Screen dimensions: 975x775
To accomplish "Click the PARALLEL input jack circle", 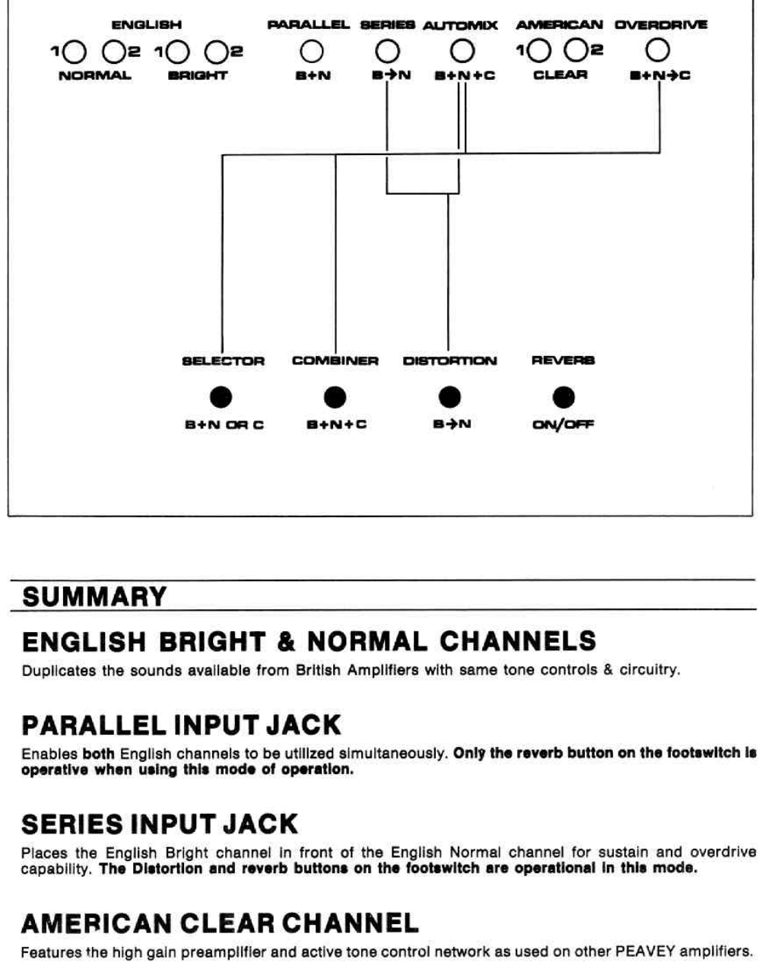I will [312, 52].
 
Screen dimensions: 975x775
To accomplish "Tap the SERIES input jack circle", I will [387, 52].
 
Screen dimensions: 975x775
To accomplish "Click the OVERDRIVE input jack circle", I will [659, 51].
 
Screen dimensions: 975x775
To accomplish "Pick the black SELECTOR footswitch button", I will [221, 397].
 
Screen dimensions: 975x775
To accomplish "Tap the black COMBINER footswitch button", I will [335, 397].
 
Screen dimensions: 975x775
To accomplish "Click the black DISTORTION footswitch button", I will [449, 397].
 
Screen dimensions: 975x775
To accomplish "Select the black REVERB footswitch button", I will [564, 397].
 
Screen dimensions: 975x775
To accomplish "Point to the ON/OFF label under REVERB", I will [563, 424].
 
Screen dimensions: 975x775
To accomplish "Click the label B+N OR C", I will [224, 424].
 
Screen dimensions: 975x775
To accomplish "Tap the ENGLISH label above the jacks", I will [146, 25].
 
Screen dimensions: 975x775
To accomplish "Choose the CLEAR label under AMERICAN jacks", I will [561, 75].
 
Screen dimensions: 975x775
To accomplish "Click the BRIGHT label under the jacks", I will [198, 75].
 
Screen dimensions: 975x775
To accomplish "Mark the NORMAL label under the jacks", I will [94, 75].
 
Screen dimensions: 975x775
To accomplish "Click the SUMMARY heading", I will [94, 597].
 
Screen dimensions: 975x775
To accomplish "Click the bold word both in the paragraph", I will [98, 754].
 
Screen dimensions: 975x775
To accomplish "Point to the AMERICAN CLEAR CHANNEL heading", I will [220, 924].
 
